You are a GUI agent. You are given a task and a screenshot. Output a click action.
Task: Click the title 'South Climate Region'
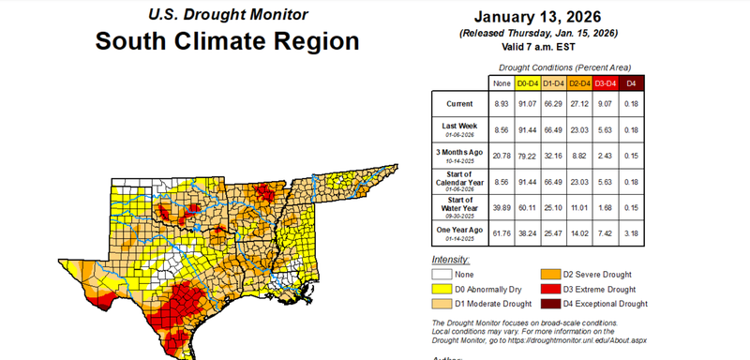[227, 42]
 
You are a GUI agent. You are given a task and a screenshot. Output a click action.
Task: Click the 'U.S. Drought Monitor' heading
[227, 15]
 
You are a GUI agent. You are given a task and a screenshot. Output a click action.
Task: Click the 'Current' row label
[460, 103]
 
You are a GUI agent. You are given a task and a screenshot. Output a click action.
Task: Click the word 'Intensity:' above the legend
[451, 259]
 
